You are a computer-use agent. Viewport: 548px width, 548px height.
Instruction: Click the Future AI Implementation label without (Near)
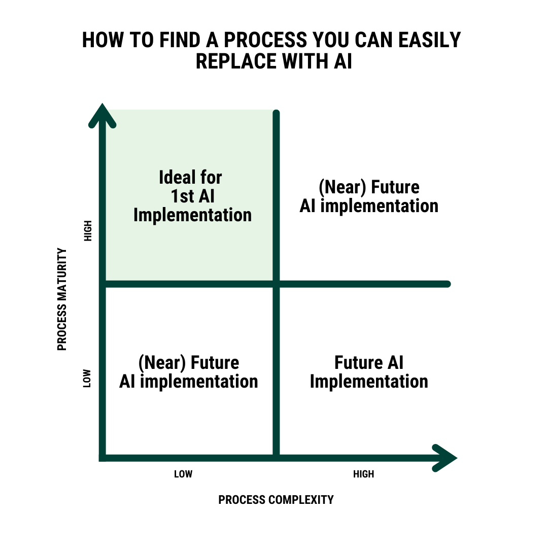(x=369, y=372)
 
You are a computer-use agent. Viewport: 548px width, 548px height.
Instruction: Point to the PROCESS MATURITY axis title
(x=62, y=299)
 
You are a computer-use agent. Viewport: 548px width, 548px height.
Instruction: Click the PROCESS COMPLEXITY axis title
(x=276, y=500)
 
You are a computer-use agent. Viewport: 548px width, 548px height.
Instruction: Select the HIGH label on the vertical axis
(x=88, y=231)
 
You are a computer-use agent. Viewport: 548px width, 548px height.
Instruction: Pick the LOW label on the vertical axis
(x=87, y=378)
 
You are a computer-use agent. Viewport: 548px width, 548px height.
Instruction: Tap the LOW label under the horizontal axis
(x=183, y=474)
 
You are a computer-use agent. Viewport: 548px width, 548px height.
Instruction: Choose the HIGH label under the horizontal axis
(x=363, y=474)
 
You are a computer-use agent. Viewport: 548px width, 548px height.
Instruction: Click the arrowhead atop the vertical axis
(x=102, y=115)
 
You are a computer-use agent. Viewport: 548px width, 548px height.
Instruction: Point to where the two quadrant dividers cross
(x=277, y=284)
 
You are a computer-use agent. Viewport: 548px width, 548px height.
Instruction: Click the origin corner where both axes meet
(x=103, y=457)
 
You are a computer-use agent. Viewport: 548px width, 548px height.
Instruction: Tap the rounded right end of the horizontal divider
(x=447, y=284)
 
